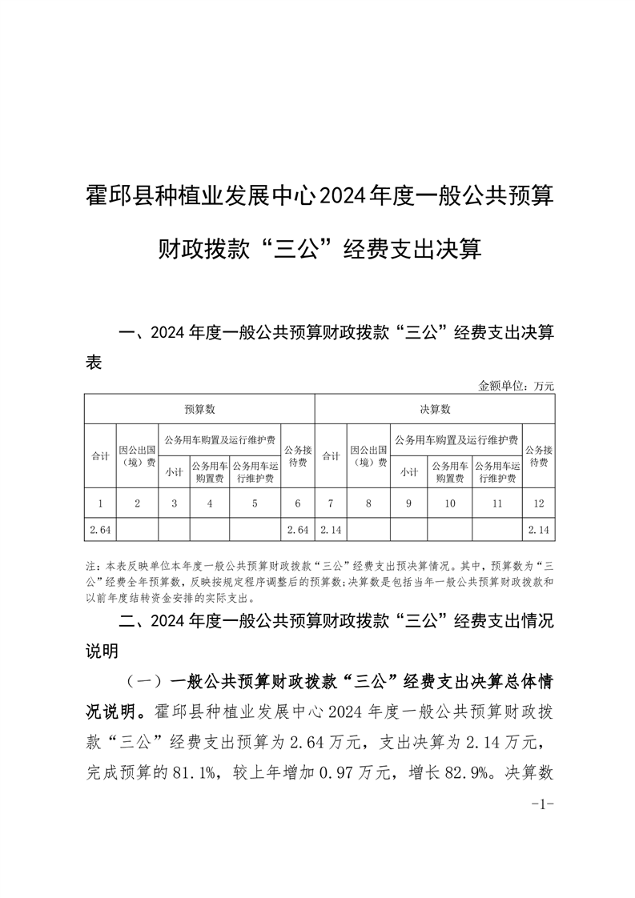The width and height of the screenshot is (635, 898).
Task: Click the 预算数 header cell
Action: [x=199, y=409]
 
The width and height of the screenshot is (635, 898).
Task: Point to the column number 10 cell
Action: [x=449, y=503]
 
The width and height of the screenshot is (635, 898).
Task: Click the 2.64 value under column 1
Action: [x=99, y=530]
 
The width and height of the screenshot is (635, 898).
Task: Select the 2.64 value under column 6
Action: [x=297, y=530]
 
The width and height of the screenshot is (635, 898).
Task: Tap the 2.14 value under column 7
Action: [x=331, y=530]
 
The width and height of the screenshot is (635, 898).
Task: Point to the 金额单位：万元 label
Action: [x=516, y=386]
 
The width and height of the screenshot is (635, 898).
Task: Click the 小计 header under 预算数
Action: [x=174, y=472]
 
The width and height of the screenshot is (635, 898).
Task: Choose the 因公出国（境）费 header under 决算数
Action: [x=368, y=456]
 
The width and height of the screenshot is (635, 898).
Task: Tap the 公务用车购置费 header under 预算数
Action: [x=209, y=472]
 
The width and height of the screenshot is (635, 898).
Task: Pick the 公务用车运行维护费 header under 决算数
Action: [x=496, y=472]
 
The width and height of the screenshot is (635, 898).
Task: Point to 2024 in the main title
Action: [x=340, y=194]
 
